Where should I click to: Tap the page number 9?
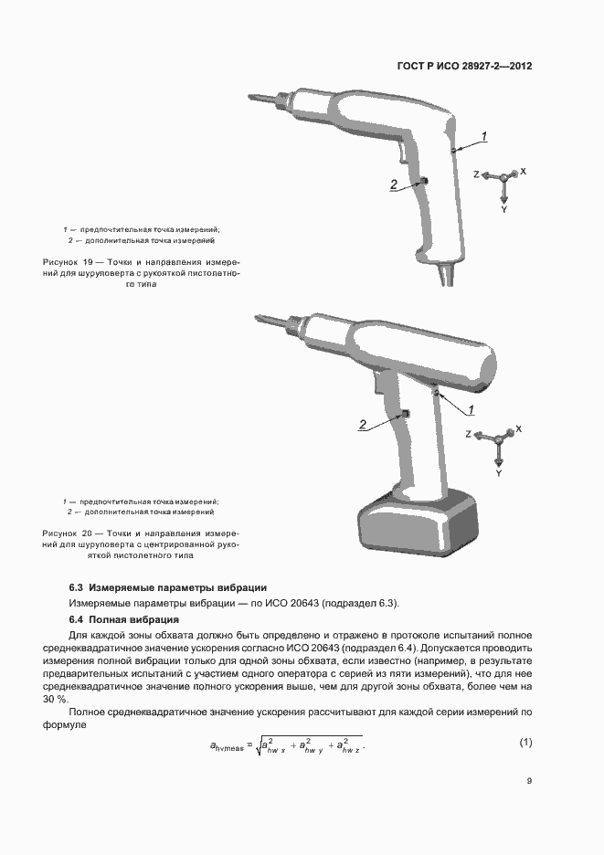coord(529,781)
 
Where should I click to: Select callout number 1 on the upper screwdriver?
coord(484,136)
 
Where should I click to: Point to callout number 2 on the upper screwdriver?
coord(394,185)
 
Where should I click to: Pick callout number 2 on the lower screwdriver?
coord(363,425)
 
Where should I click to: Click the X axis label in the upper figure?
coord(523,171)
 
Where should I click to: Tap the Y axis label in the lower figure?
coord(499,474)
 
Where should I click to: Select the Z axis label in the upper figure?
coord(476,174)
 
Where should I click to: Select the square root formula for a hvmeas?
coord(286,745)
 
